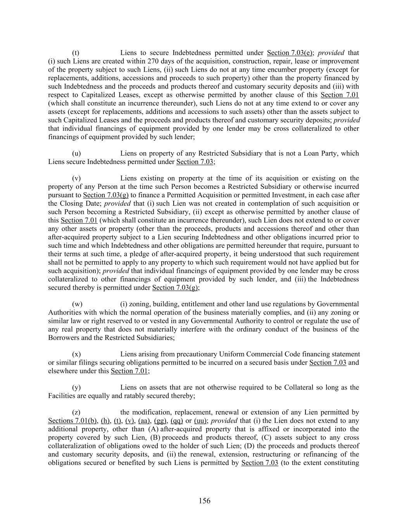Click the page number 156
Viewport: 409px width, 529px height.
[204, 501]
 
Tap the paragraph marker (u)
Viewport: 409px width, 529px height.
[76, 153]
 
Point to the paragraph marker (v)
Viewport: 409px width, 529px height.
[76, 178]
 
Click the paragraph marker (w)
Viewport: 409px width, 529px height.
[77, 304]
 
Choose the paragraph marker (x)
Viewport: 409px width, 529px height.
[76, 354]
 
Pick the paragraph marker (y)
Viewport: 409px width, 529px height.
[76, 388]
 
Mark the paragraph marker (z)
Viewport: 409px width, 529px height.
[76, 412]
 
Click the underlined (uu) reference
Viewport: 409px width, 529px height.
[200, 421]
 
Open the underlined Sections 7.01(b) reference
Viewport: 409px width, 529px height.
[72, 421]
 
